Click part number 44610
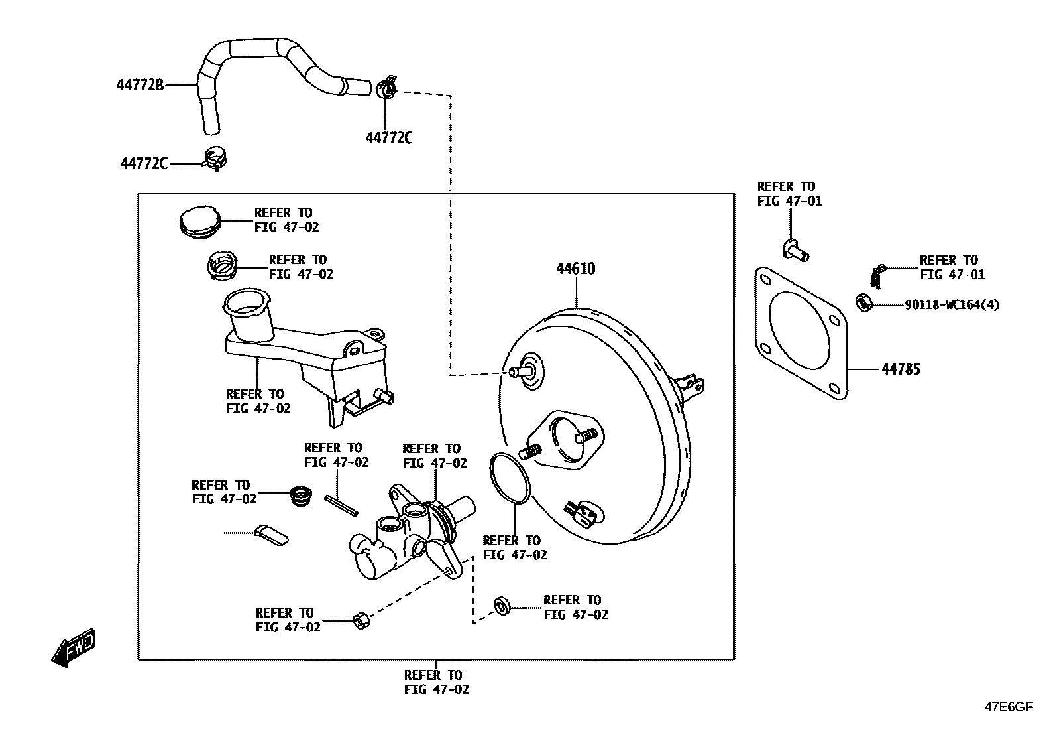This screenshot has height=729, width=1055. click(575, 269)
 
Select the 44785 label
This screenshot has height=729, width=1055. click(900, 369)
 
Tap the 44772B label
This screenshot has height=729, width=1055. click(140, 85)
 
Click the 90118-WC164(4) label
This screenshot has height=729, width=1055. click(952, 305)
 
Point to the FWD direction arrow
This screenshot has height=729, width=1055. click(73, 647)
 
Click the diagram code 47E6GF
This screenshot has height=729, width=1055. click(1008, 707)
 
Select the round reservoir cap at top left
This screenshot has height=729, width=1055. click(199, 221)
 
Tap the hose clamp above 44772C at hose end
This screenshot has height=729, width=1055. click(386, 88)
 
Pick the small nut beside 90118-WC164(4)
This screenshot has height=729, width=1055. click(863, 303)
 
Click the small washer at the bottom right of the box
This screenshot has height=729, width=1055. click(502, 606)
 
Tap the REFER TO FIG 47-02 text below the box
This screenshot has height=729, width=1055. click(436, 682)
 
